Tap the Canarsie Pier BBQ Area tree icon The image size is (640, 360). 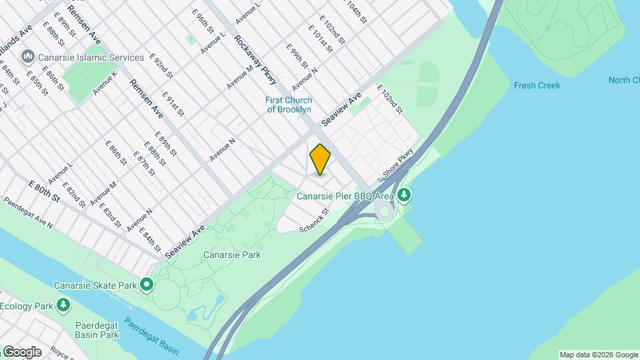403,195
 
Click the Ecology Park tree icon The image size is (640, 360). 63,306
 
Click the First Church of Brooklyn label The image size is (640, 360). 289,105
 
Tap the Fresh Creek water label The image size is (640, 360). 537,85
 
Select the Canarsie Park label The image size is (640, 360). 231,255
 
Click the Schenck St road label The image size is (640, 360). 315,220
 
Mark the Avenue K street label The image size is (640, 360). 105,81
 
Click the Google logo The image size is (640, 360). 21,351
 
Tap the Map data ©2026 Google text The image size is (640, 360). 598,355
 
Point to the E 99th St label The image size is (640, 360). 295,57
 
